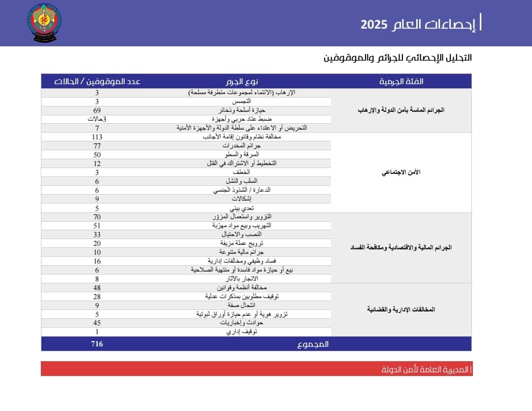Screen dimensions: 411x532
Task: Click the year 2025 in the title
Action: click(x=374, y=25)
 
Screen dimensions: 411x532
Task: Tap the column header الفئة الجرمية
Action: click(x=401, y=81)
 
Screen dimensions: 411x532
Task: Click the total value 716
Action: click(x=97, y=343)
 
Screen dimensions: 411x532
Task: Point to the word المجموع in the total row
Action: click(x=313, y=344)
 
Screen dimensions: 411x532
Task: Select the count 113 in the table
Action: click(x=97, y=137)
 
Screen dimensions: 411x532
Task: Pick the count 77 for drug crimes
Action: click(x=97, y=146)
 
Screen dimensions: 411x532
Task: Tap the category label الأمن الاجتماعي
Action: click(x=401, y=172)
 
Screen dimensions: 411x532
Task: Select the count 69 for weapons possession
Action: click(x=97, y=110)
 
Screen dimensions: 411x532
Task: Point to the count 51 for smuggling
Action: click(x=97, y=225)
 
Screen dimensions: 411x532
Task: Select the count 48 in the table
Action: click(x=97, y=288)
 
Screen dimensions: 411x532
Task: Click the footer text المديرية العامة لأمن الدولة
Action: click(x=426, y=369)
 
